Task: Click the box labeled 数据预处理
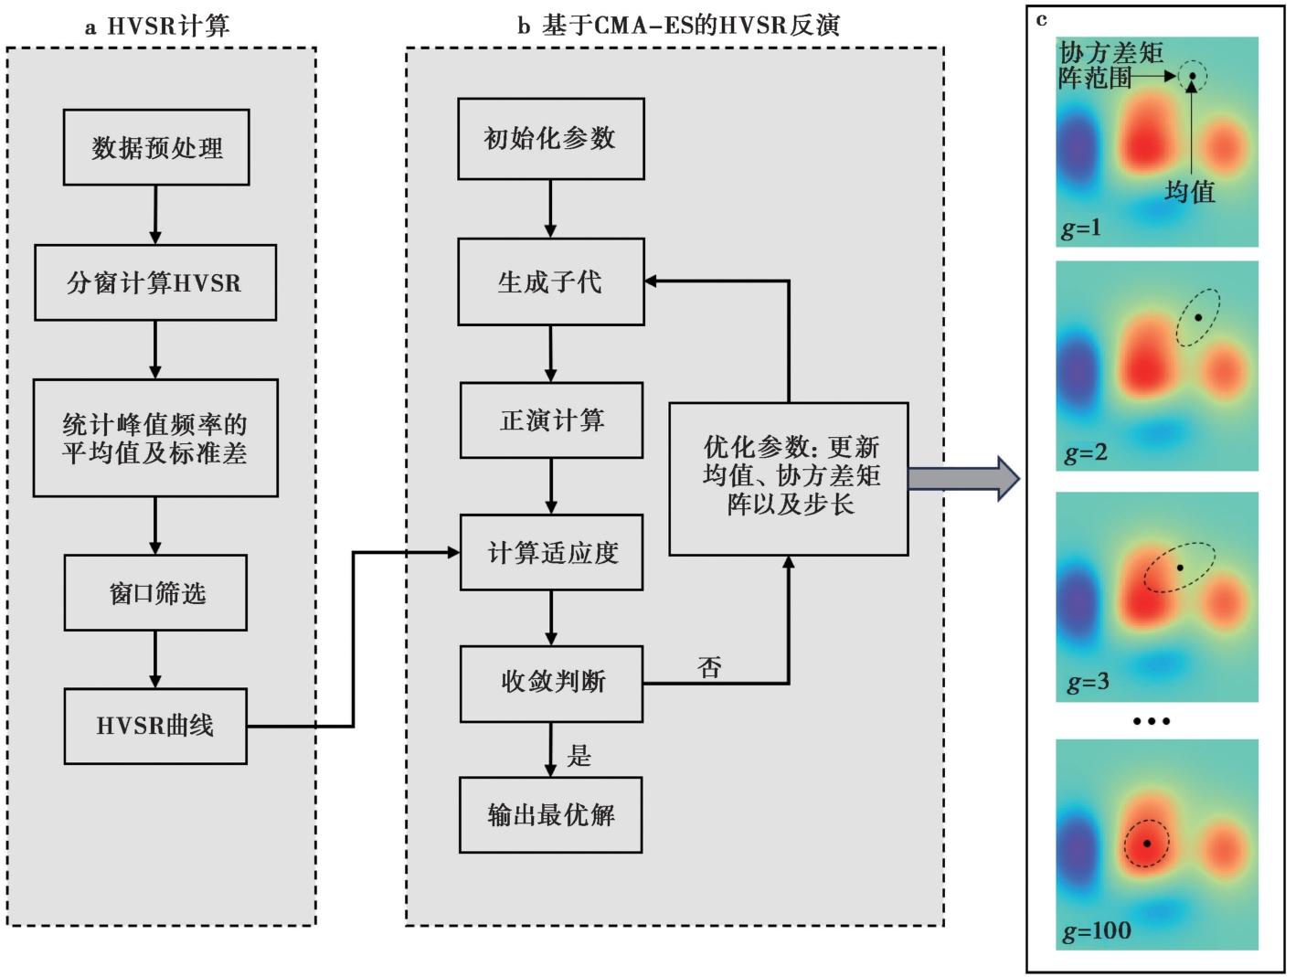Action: click(x=156, y=147)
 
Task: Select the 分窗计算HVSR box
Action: click(x=155, y=282)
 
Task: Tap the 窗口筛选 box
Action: click(x=155, y=593)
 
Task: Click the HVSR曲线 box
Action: click(x=155, y=726)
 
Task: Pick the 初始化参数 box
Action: click(x=551, y=139)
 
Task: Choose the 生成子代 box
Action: click(x=551, y=281)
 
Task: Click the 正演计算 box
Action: click(x=551, y=420)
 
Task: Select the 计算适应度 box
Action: click(x=551, y=553)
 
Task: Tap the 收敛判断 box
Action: click(x=551, y=685)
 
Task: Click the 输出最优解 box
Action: click(x=551, y=815)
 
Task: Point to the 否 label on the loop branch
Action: click(x=709, y=668)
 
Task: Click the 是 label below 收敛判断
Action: click(x=579, y=756)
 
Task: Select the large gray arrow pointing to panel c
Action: click(x=963, y=479)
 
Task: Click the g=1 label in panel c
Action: click(x=1081, y=228)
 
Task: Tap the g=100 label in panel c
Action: click(x=1097, y=931)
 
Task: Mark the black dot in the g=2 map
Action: click(x=1198, y=318)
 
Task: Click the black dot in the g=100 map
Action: click(x=1147, y=844)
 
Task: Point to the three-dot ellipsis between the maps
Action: click(x=1152, y=721)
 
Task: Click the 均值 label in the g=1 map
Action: click(x=1190, y=192)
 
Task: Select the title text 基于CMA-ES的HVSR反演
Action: click(x=690, y=26)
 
